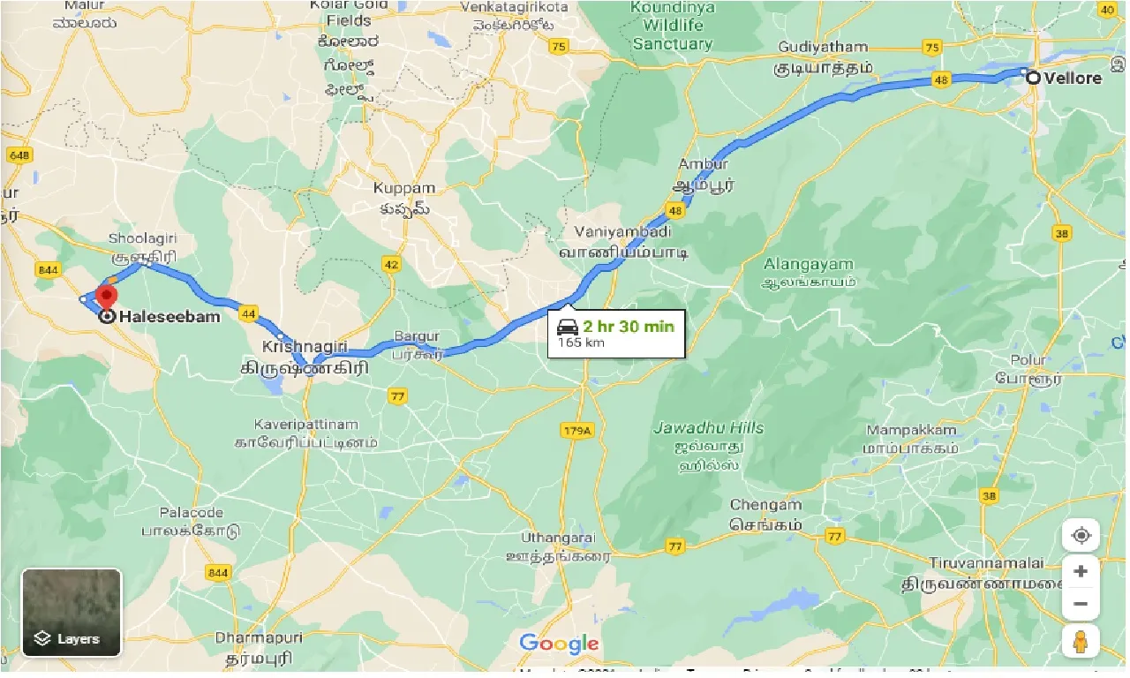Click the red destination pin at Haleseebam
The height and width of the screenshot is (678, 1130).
pyautogui.click(x=107, y=296)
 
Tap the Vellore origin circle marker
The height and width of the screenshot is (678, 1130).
pyautogui.click(x=1033, y=78)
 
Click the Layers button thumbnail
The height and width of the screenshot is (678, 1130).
pyautogui.click(x=72, y=612)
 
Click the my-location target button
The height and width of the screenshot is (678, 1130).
pyautogui.click(x=1081, y=535)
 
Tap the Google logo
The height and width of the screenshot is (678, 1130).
pyautogui.click(x=559, y=644)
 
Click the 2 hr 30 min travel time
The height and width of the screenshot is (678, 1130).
pyautogui.click(x=628, y=327)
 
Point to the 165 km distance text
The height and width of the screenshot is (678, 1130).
pyautogui.click(x=582, y=343)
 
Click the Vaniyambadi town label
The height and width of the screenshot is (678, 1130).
pyautogui.click(x=623, y=232)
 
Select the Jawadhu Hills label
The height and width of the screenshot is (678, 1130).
pyautogui.click(x=709, y=428)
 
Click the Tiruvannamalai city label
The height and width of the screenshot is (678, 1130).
pyautogui.click(x=986, y=563)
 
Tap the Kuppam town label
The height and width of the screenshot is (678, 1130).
pyautogui.click(x=404, y=188)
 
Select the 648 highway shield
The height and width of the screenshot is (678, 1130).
pyautogui.click(x=19, y=156)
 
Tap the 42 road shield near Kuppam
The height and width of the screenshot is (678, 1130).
pyautogui.click(x=391, y=263)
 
